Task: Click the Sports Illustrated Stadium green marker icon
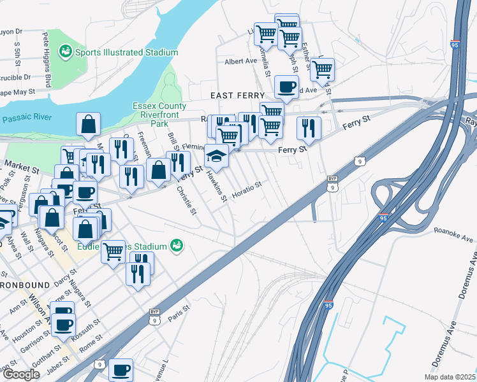point(65,51)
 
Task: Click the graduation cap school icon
point(216,157)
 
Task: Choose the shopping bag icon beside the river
point(88,125)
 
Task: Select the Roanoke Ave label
point(453,236)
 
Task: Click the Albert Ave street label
point(240,62)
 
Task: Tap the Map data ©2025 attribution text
point(450,377)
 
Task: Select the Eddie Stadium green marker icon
point(177,245)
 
